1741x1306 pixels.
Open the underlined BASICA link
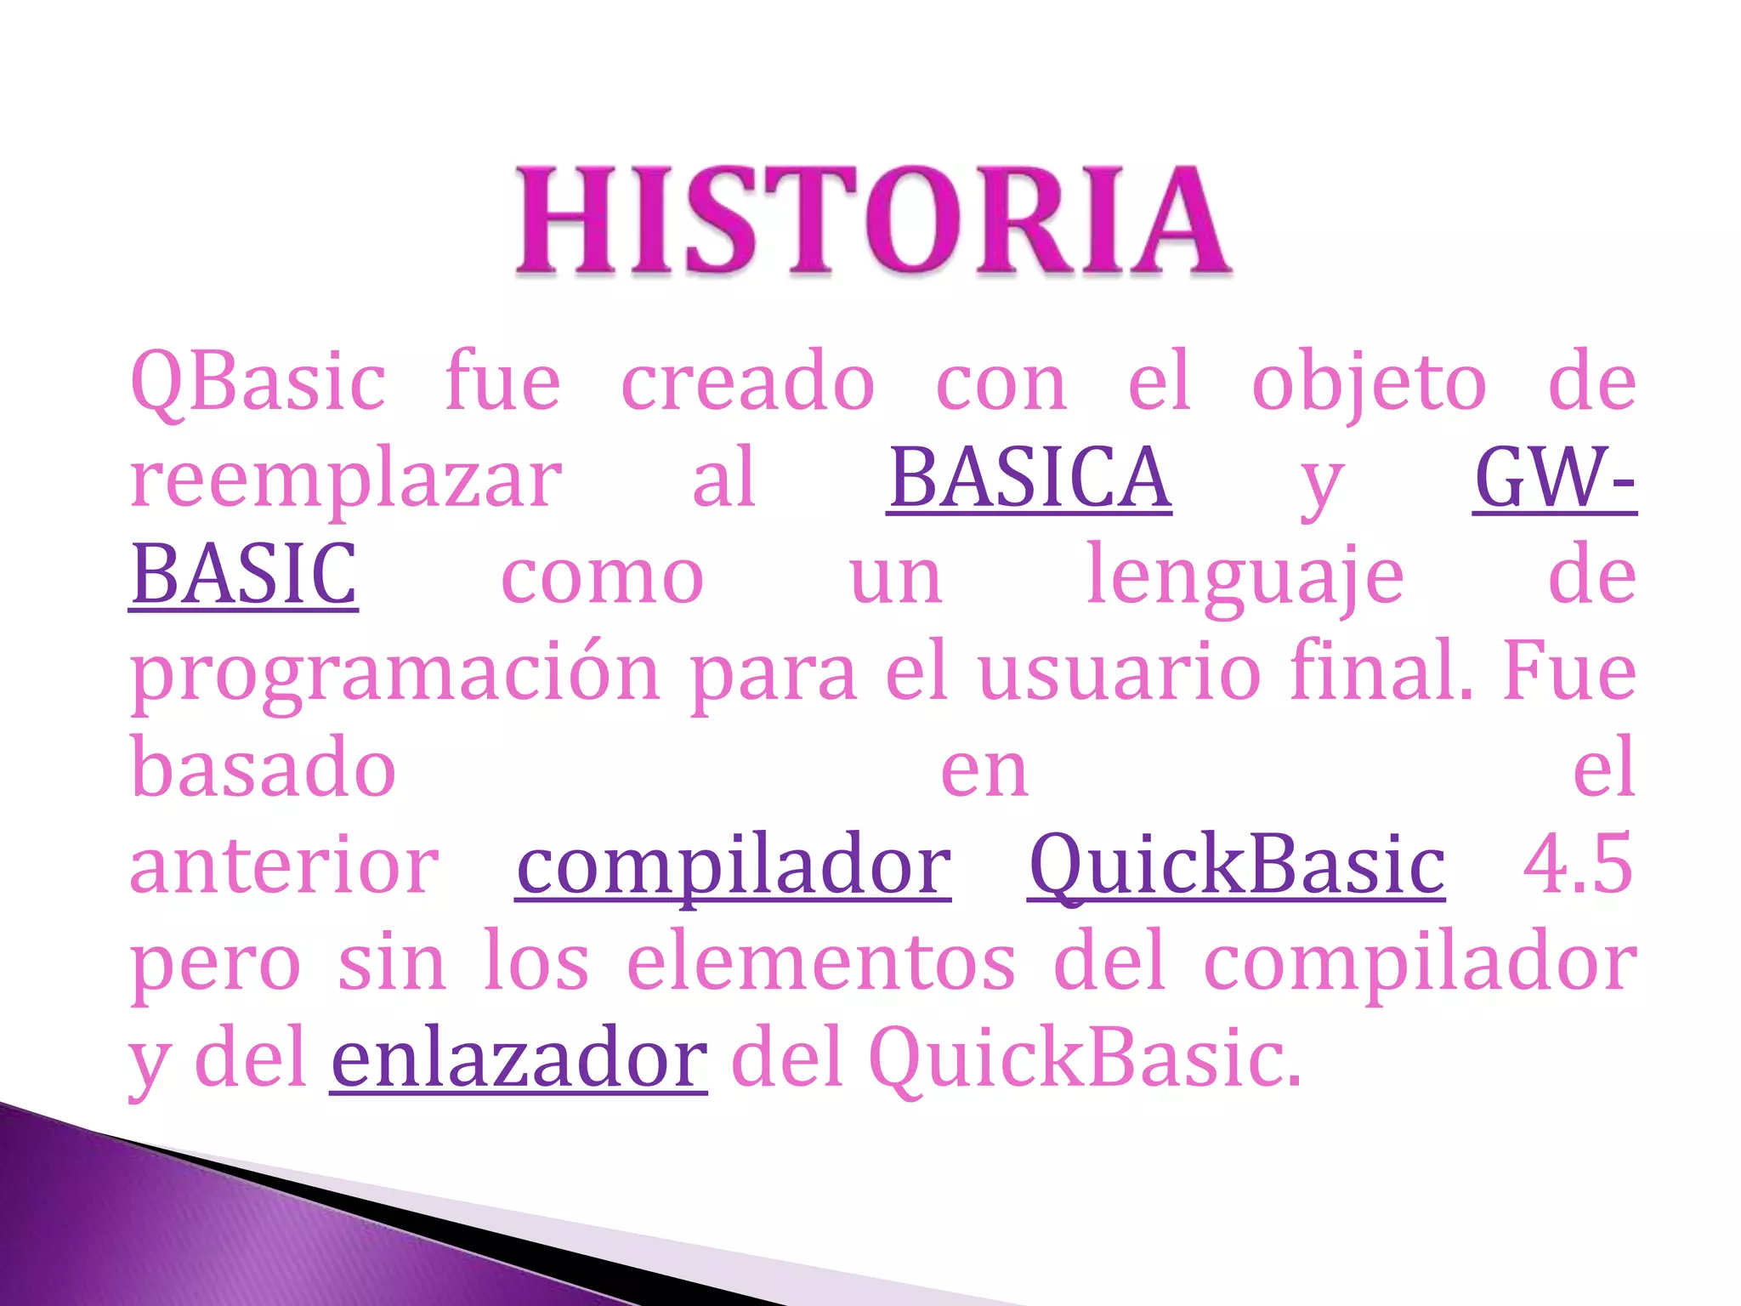click(1029, 480)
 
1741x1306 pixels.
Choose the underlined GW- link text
click(1554, 480)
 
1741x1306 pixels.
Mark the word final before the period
click(1375, 672)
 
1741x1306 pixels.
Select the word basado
click(264, 769)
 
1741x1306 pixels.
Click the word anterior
click(284, 866)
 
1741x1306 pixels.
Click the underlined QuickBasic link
click(1236, 866)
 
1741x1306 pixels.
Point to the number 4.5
click(1578, 866)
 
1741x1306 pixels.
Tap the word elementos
click(821, 962)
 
